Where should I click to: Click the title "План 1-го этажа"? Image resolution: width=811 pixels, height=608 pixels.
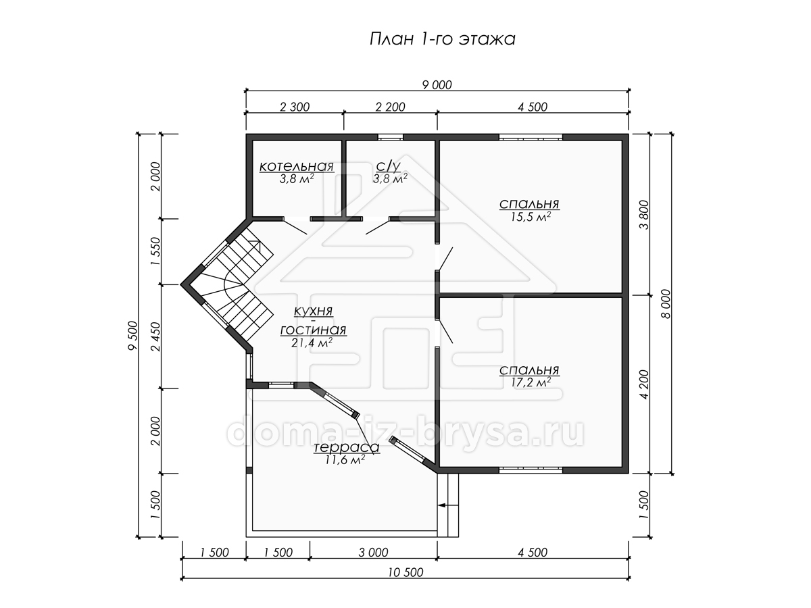coord(442,39)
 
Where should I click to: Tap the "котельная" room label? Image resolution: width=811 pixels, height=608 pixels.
coord(296,166)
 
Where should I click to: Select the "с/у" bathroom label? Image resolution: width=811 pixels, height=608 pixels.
coord(389,166)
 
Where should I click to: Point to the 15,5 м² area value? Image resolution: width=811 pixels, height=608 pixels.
coord(531,217)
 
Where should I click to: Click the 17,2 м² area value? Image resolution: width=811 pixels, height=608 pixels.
coord(531,382)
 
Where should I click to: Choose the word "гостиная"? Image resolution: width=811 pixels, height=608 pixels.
coord(313,330)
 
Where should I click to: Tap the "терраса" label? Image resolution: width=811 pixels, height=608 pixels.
coord(347,447)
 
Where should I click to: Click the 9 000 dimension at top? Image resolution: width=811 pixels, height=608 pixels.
coord(437,85)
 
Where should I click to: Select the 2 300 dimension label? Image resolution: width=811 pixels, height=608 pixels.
coord(295,107)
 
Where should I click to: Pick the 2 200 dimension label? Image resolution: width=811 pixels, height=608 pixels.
coord(390,107)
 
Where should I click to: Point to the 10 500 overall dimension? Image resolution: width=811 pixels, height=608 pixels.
coord(405,572)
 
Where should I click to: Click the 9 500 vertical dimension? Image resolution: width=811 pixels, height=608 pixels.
coord(132,336)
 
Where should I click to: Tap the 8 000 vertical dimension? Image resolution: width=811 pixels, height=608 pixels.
coord(666,304)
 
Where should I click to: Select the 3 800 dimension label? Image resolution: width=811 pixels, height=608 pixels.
coord(644,214)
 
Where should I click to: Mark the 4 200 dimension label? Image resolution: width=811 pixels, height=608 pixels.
coord(644,384)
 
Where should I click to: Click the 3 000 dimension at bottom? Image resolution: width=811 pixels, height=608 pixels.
coord(374,553)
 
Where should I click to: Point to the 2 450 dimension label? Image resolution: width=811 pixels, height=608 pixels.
coord(156,336)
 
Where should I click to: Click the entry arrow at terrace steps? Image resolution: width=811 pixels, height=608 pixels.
coord(448,505)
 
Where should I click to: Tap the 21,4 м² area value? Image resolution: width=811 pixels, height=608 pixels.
coord(312,343)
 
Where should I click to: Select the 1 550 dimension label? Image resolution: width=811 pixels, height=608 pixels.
coord(156,251)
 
